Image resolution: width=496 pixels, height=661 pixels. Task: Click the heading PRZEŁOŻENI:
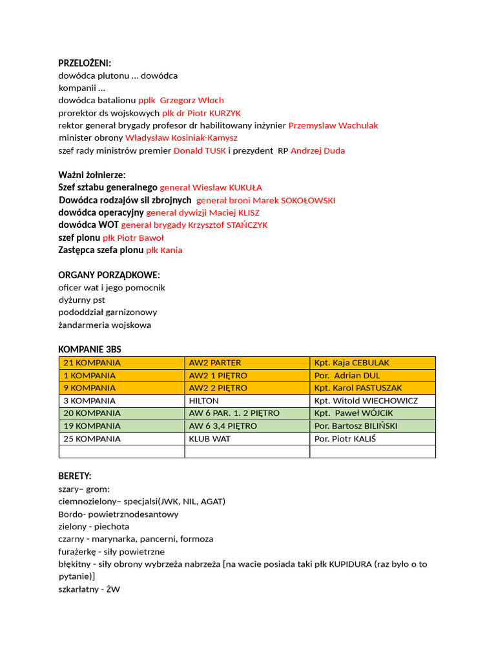click(x=85, y=63)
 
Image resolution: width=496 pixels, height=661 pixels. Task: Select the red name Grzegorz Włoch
click(x=192, y=100)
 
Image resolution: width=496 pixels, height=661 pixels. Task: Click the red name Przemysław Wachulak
click(x=333, y=125)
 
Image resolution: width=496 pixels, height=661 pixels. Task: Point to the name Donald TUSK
click(x=200, y=150)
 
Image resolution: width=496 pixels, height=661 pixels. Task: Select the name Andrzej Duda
click(x=318, y=150)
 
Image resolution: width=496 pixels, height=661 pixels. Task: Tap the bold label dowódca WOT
click(x=88, y=225)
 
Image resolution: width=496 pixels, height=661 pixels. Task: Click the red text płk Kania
click(x=164, y=250)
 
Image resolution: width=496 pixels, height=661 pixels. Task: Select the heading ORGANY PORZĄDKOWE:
click(x=109, y=275)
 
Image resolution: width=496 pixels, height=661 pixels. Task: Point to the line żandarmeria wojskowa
click(x=105, y=325)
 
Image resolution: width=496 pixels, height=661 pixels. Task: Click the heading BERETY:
click(x=75, y=476)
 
